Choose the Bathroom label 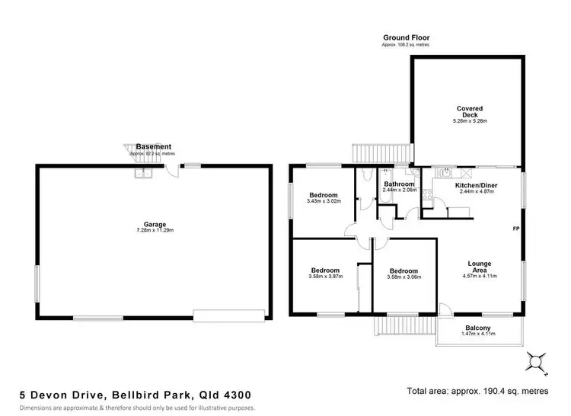pos(399,184)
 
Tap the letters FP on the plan pos(515,229)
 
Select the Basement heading pos(154,147)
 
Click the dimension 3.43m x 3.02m pos(324,201)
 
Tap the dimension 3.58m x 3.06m pos(404,277)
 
